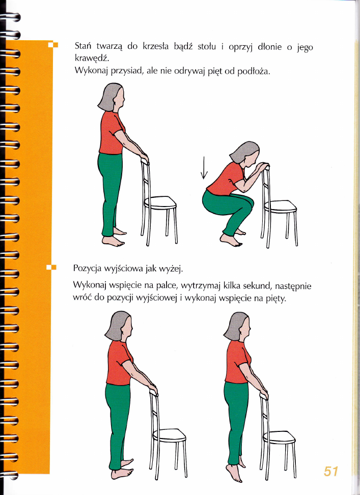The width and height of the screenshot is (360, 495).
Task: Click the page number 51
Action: click(330, 471)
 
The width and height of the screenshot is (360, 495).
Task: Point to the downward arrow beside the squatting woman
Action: click(204, 168)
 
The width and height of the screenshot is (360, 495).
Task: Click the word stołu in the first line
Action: click(207, 47)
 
